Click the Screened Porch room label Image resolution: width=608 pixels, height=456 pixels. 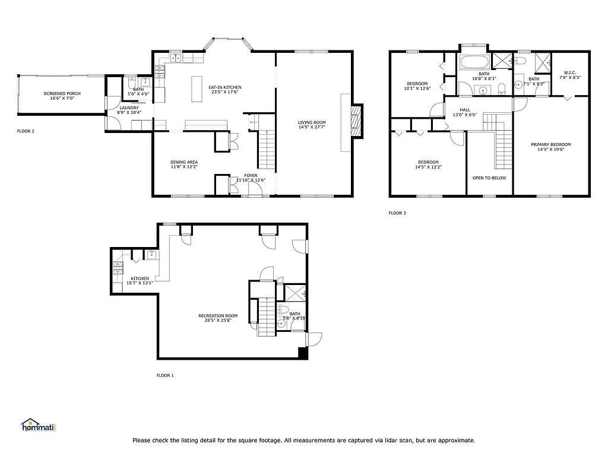click(62, 94)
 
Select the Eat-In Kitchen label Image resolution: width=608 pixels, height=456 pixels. click(224, 87)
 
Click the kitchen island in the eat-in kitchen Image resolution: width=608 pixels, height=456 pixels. click(195, 90)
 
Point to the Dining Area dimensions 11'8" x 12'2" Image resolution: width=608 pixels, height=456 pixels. click(184, 167)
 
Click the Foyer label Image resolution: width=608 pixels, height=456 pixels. click(251, 176)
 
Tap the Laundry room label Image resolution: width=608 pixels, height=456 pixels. click(129, 107)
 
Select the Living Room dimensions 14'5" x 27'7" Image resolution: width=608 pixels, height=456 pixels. click(312, 128)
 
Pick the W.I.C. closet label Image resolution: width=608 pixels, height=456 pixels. click(569, 72)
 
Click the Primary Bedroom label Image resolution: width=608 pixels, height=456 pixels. click(550, 145)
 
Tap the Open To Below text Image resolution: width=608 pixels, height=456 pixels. click(489, 178)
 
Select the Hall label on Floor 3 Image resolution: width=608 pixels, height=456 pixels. click(465, 110)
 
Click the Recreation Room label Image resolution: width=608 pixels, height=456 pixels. click(218, 316)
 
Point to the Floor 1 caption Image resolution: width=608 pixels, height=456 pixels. click(165, 375)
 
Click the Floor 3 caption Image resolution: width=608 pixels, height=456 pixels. click(397, 213)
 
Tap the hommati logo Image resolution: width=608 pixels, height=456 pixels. click(38, 425)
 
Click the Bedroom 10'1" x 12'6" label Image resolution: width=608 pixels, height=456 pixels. click(417, 83)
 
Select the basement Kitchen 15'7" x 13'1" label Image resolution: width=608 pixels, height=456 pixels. click(140, 278)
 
